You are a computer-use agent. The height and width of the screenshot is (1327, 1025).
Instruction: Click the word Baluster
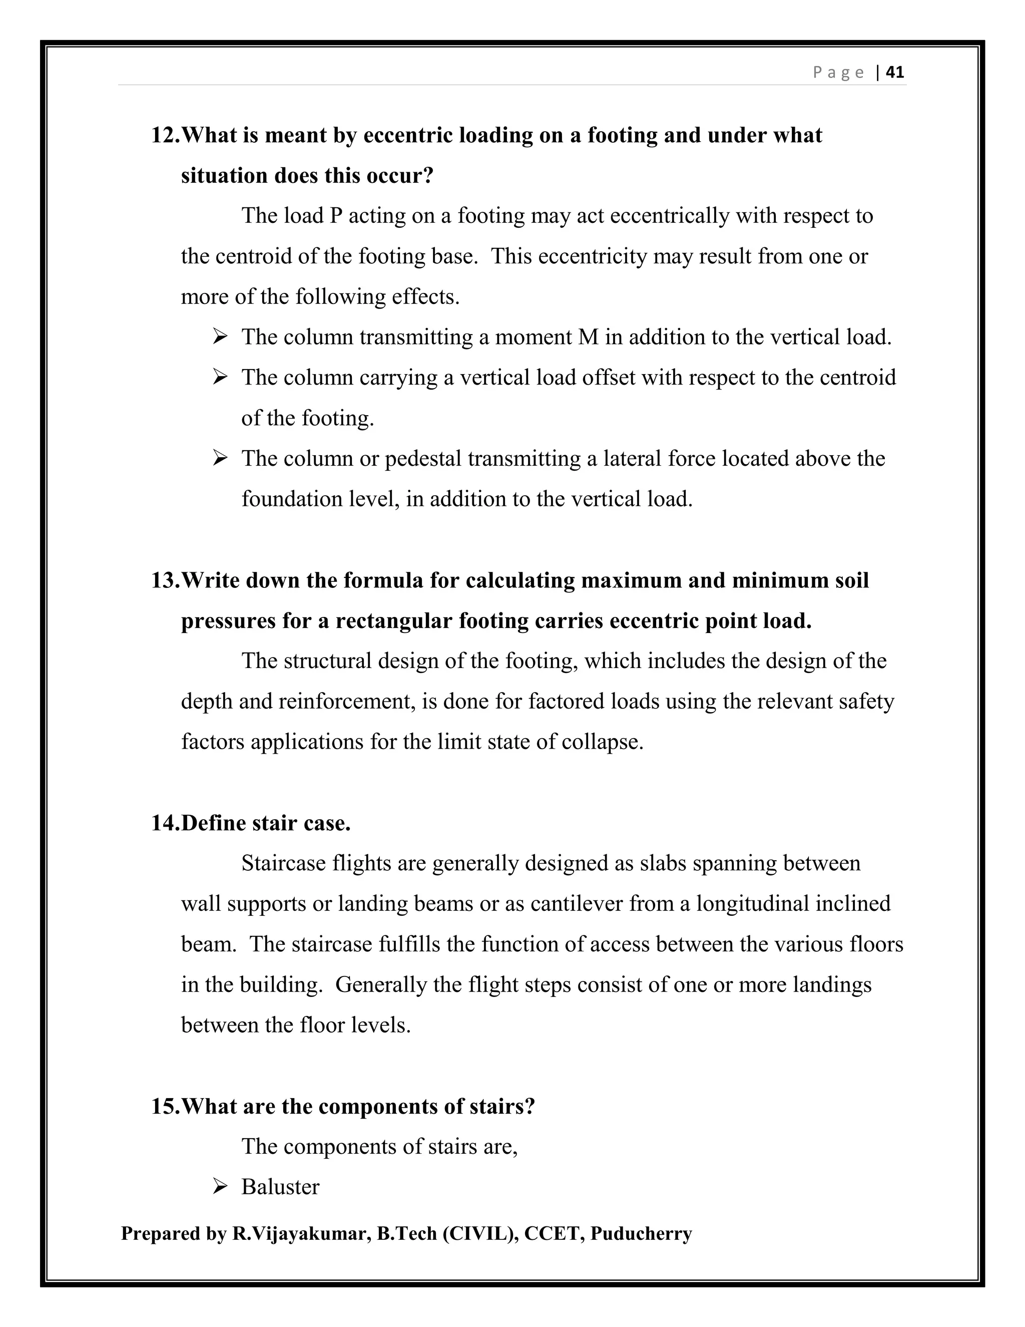280,1187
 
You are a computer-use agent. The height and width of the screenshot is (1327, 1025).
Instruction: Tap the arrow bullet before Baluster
220,1187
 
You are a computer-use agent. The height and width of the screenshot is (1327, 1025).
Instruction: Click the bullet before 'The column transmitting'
220,337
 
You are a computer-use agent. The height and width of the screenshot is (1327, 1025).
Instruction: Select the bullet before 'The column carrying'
220,378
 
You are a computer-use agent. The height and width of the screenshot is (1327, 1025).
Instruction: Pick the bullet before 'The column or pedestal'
220,458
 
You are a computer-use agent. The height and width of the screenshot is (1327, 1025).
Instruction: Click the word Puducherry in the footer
641,1234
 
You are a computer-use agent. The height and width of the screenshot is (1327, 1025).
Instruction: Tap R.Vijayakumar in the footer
299,1234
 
